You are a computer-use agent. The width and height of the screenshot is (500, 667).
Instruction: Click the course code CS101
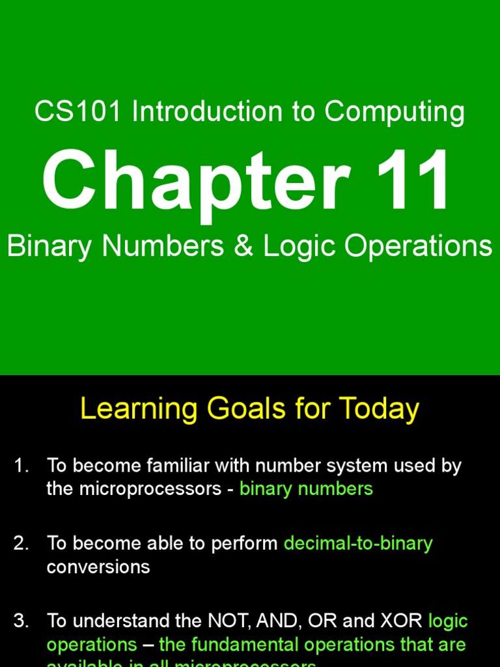[77, 112]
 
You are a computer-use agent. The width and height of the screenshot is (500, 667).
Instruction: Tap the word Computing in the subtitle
[395, 112]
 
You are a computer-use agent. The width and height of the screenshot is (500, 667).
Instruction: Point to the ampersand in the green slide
[243, 247]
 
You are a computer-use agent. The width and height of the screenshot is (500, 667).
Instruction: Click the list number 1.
[21, 466]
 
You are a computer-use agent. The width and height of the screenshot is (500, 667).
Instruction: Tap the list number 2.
[21, 544]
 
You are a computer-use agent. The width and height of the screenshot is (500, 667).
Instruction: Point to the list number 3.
[21, 621]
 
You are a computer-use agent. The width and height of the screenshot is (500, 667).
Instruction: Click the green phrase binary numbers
[306, 489]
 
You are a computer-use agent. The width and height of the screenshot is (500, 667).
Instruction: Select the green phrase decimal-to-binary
[358, 544]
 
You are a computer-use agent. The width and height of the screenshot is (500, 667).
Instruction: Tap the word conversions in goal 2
[98, 567]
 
